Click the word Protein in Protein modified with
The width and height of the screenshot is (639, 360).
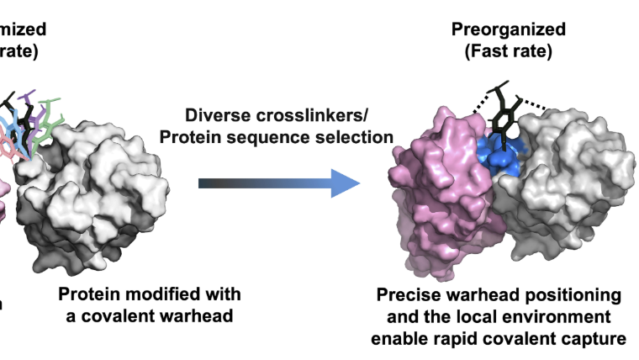(x=90, y=294)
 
